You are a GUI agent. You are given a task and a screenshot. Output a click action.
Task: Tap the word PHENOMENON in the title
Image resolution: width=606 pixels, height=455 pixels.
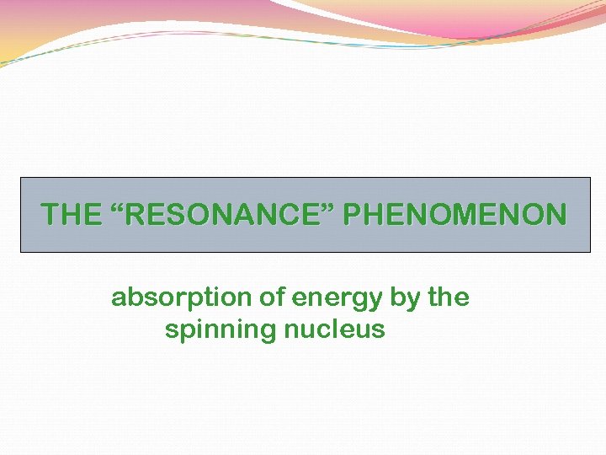coord(455,215)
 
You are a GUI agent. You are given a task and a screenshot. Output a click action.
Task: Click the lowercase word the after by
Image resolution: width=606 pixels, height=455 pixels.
coord(449,298)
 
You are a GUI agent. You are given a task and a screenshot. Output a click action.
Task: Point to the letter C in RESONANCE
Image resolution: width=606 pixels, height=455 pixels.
coord(292,215)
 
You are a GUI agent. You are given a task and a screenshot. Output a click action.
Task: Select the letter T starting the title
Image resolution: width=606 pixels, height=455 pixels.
coord(49,215)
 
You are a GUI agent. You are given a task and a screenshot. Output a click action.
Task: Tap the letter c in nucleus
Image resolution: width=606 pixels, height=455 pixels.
coord(333,330)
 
